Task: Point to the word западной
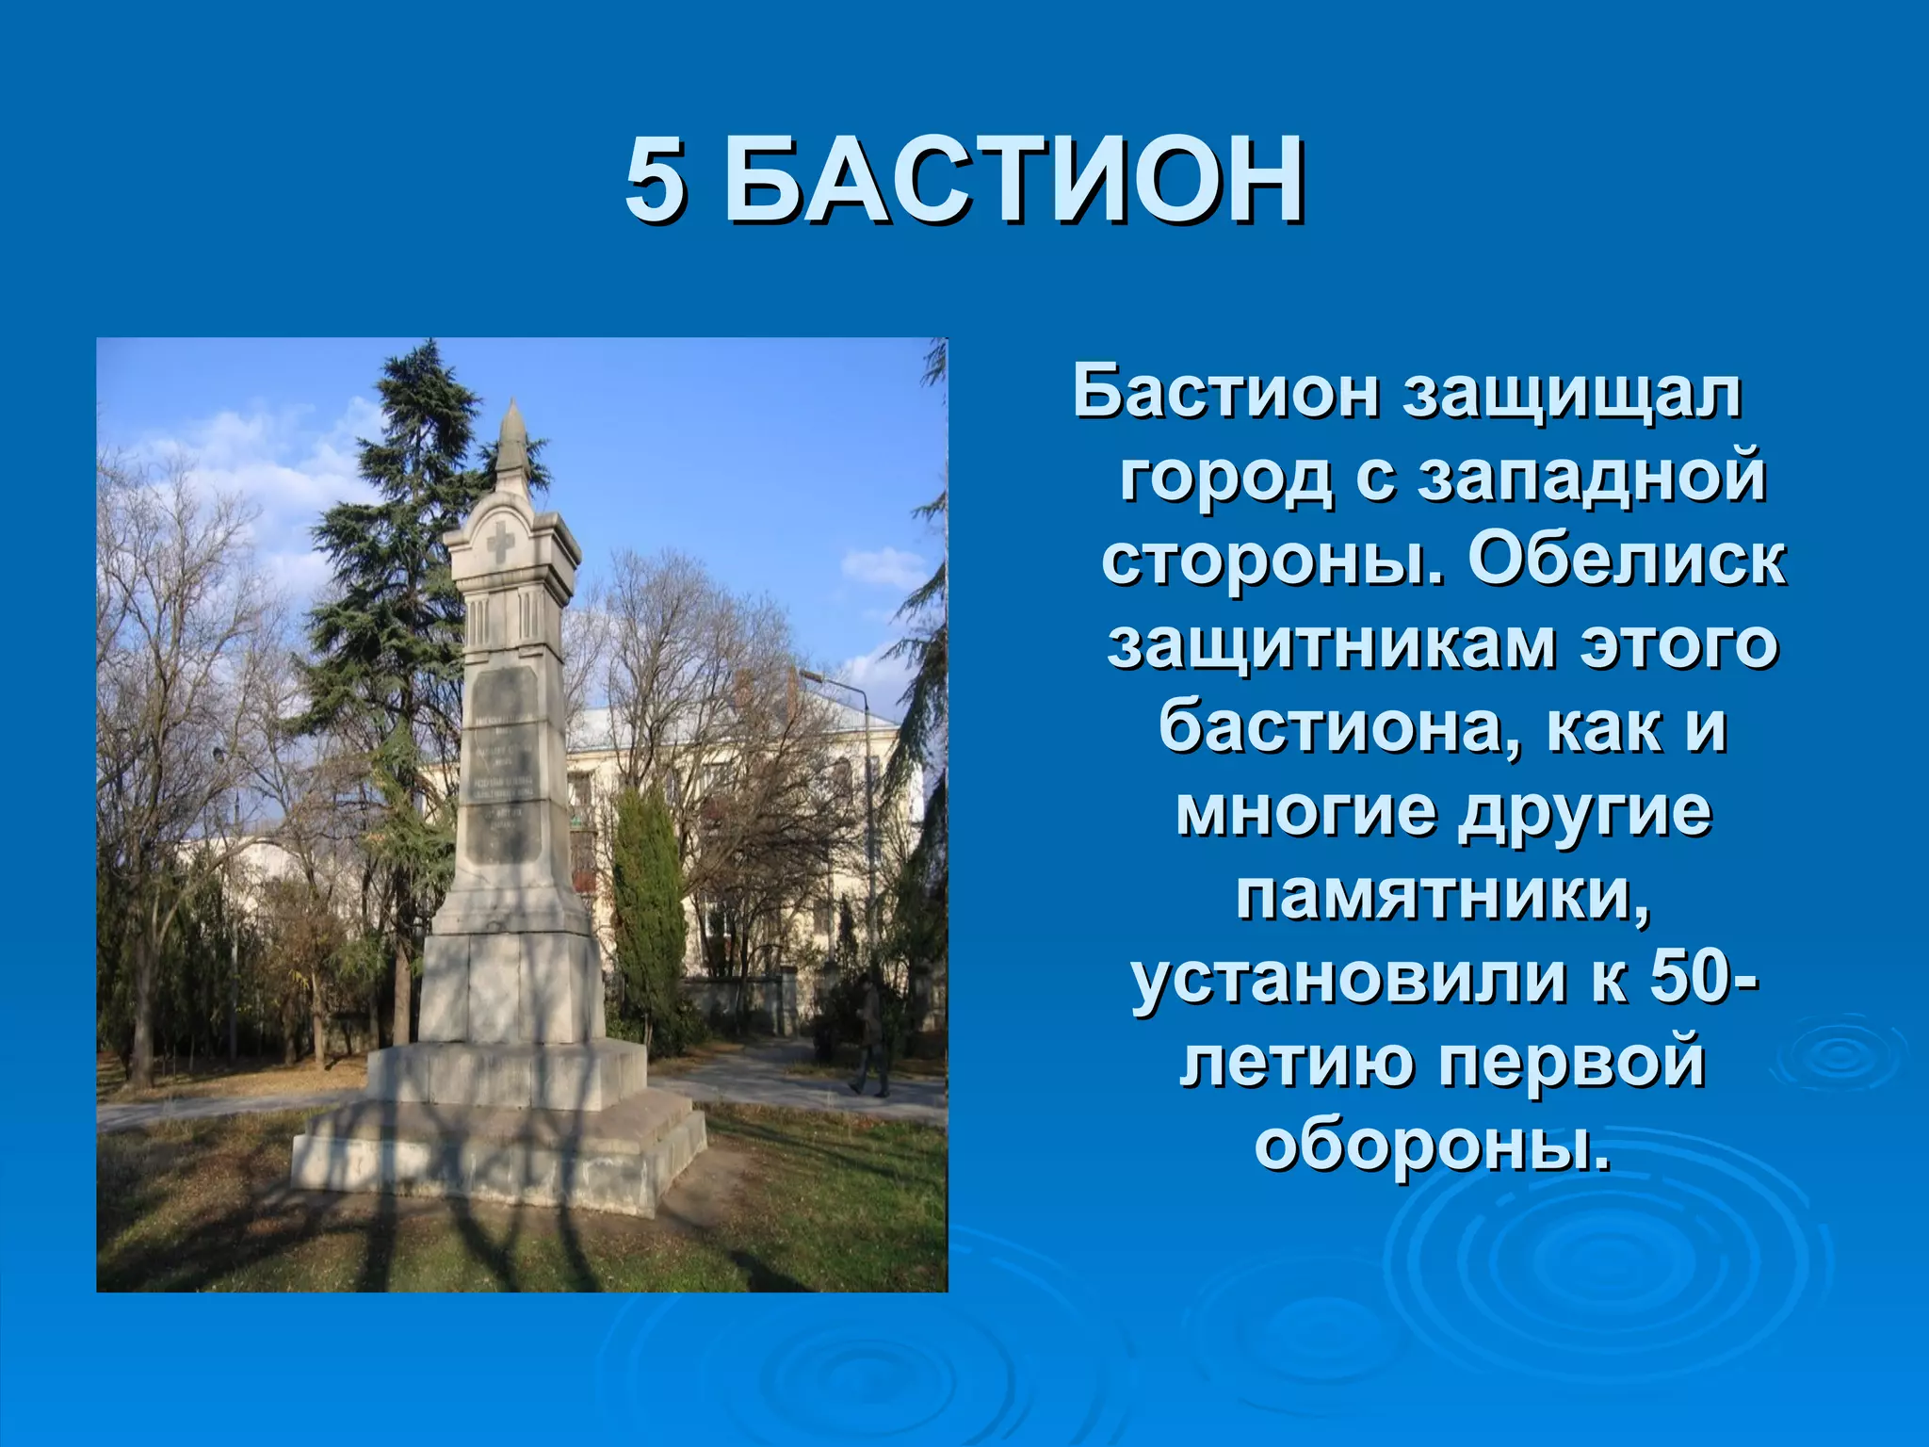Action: click(1592, 477)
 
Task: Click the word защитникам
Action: click(1330, 644)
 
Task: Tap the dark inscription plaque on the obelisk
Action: click(504, 765)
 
